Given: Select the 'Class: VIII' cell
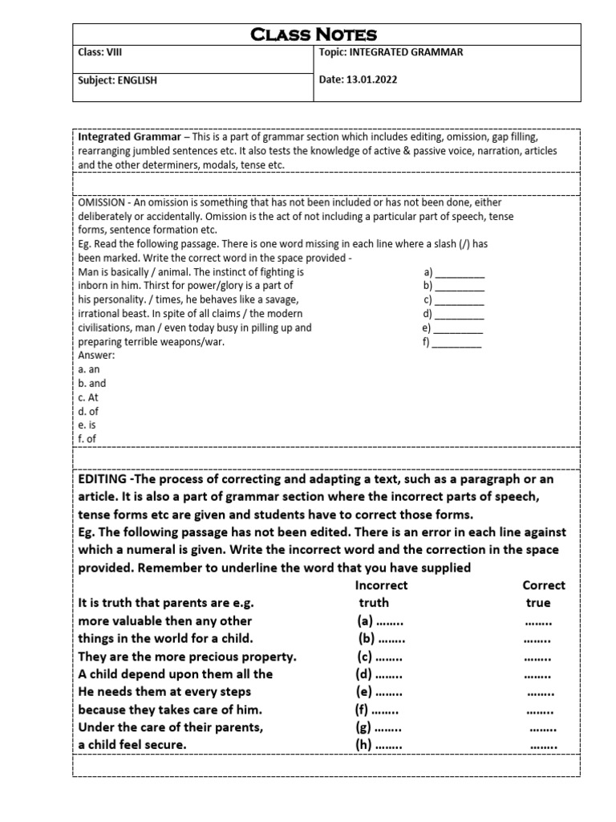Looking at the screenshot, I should (x=100, y=53).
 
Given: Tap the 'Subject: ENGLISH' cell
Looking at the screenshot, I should (x=117, y=80).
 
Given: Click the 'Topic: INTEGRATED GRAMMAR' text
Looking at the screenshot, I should (x=391, y=53).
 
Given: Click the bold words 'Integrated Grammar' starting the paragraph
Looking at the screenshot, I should (x=129, y=137).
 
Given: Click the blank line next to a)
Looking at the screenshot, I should (x=460, y=273).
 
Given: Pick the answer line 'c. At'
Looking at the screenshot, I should (x=88, y=397).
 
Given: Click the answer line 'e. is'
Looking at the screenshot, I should (x=87, y=425).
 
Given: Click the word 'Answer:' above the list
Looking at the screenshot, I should (x=97, y=356).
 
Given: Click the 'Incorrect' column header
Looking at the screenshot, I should (x=381, y=585).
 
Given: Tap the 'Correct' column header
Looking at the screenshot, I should (x=544, y=585).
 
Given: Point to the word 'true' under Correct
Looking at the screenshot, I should (x=538, y=603).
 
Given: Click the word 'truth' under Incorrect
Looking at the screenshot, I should (x=374, y=603).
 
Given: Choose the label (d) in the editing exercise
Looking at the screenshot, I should (x=365, y=673).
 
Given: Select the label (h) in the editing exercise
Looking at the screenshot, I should (x=365, y=744).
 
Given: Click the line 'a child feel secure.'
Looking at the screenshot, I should (x=132, y=744).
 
